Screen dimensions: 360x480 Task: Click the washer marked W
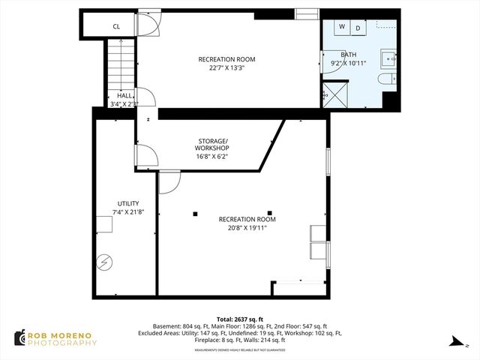tap(341, 28)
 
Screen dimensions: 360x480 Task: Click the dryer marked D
tap(358, 28)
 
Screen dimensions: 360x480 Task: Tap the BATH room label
tap(349, 55)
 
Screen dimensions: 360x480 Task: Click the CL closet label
tap(116, 26)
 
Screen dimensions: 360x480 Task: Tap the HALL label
tap(124, 95)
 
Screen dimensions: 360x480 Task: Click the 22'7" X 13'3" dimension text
tap(226, 67)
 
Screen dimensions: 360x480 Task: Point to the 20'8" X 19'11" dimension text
tap(247, 227)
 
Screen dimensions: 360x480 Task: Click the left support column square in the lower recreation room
tap(195, 214)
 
